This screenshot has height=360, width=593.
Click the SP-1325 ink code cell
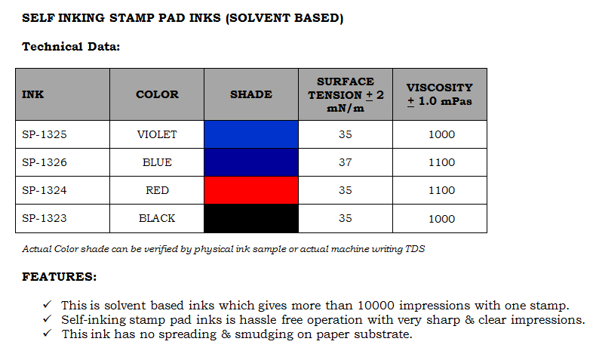pyautogui.click(x=45, y=134)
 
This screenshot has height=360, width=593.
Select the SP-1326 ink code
pyautogui.click(x=45, y=162)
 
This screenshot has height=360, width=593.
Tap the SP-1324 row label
pyautogui.click(x=45, y=190)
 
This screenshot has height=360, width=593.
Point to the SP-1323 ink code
pyautogui.click(x=45, y=218)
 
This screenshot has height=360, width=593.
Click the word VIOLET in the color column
pyautogui.click(x=157, y=134)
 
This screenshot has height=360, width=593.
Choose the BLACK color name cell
pyautogui.click(x=157, y=218)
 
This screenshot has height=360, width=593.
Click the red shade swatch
pyautogui.click(x=251, y=190)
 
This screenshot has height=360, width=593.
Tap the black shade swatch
pyautogui.click(x=251, y=218)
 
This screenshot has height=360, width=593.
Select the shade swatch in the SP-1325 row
pyautogui.click(x=251, y=134)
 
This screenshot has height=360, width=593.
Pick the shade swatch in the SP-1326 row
pyautogui.click(x=251, y=162)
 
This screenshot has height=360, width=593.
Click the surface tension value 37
pyautogui.click(x=346, y=162)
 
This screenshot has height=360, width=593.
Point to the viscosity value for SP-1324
pyautogui.click(x=441, y=191)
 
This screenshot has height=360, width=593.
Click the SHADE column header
pyautogui.click(x=251, y=94)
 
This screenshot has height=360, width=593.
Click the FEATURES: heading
pyautogui.click(x=60, y=277)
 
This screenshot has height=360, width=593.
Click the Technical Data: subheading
pyautogui.click(x=71, y=47)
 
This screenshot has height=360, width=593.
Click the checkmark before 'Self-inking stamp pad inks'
pyautogui.click(x=47, y=319)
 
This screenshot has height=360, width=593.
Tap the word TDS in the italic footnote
pyautogui.click(x=414, y=248)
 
